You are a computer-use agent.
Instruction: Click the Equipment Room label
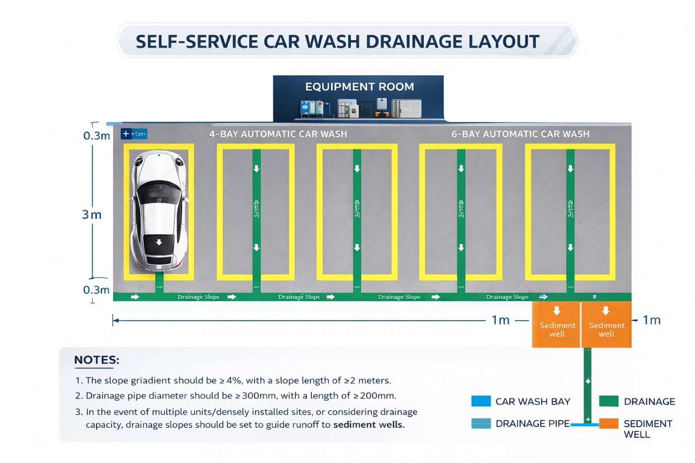pyautogui.click(x=359, y=87)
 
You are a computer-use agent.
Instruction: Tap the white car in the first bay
pyautogui.click(x=158, y=210)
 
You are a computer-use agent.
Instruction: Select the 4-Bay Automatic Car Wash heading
pyautogui.click(x=278, y=134)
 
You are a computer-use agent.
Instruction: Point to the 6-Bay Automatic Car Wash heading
pyautogui.click(x=520, y=134)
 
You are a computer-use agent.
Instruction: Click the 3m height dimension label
pyautogui.click(x=92, y=214)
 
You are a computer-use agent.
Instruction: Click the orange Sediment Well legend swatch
pyautogui.click(x=609, y=423)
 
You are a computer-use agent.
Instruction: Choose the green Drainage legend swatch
pyautogui.click(x=609, y=401)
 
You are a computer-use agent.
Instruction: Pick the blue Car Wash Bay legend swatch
pyautogui.click(x=481, y=401)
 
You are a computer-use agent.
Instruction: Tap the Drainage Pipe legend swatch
pyautogui.click(x=481, y=423)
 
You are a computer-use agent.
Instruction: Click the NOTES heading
pyautogui.click(x=97, y=360)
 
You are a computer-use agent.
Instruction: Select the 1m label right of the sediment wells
pyautogui.click(x=651, y=320)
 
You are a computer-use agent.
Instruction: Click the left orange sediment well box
pyautogui.click(x=556, y=325)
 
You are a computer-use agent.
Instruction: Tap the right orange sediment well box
pyautogui.click(x=606, y=325)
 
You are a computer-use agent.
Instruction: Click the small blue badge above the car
pyautogui.click(x=134, y=134)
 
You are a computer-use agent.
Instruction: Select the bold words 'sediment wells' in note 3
pyautogui.click(x=368, y=425)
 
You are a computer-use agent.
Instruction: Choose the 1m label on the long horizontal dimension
pyautogui.click(x=500, y=320)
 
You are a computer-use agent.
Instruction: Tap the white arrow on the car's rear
pyautogui.click(x=159, y=242)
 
